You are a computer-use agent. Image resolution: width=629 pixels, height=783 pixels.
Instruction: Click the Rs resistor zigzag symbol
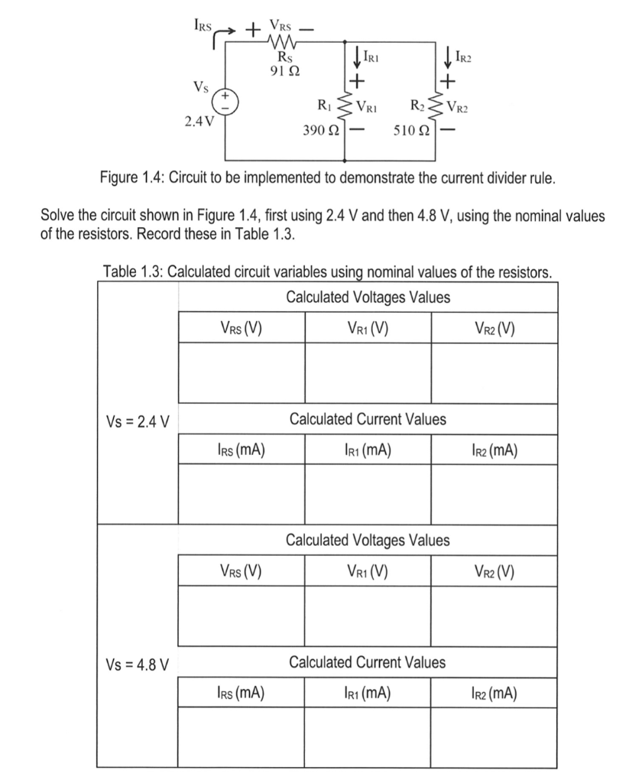[282, 43]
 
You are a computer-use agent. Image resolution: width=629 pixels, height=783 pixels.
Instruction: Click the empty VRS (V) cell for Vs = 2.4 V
[241, 373]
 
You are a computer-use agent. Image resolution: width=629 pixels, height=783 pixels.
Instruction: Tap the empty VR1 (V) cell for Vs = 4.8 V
[368, 616]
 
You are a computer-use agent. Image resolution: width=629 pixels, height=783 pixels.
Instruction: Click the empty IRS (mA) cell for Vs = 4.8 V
[241, 736]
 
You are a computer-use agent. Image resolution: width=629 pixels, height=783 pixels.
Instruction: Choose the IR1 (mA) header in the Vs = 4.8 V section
[368, 694]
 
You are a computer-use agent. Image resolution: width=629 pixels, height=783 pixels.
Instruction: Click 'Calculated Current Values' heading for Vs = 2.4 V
[368, 419]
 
